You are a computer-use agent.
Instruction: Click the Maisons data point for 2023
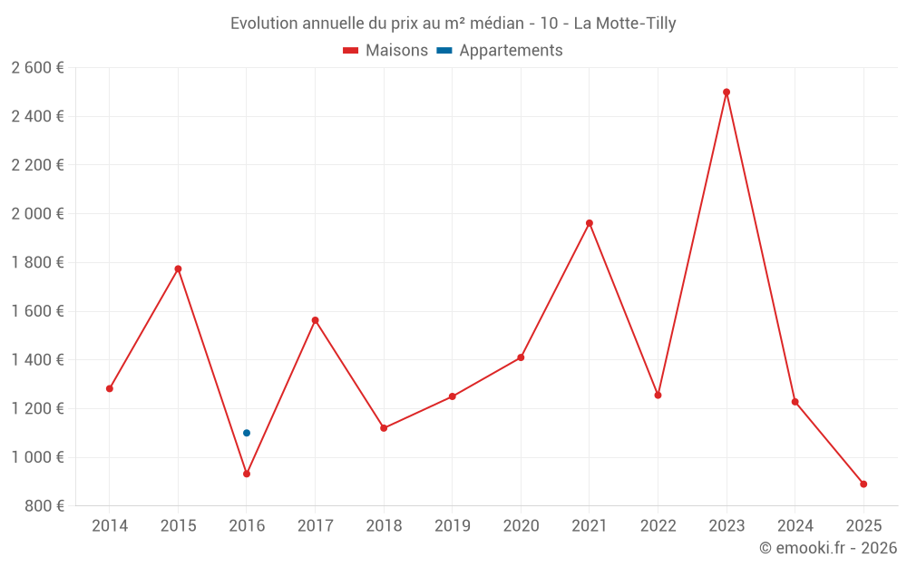click(727, 92)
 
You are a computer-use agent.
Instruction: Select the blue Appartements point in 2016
click(247, 433)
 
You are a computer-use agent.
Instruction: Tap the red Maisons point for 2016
click(247, 474)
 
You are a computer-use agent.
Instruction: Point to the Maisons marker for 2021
click(590, 223)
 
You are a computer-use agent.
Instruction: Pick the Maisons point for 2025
click(863, 484)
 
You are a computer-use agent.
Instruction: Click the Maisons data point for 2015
click(178, 269)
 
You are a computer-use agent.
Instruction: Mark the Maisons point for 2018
click(384, 428)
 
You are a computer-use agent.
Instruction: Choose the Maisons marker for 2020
click(521, 357)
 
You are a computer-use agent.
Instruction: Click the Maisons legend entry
click(385, 51)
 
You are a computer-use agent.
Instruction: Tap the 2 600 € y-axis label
click(37, 68)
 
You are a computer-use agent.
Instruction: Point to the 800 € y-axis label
click(43, 506)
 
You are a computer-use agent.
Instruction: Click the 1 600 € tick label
click(37, 311)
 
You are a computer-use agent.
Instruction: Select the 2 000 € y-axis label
click(37, 214)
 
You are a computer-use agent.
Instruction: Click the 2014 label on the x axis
click(110, 526)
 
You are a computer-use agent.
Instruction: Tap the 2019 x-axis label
click(453, 526)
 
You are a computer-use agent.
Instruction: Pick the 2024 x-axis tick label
click(795, 526)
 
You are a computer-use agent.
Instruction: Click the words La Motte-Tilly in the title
click(624, 24)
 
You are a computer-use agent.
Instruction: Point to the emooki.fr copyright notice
click(828, 548)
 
